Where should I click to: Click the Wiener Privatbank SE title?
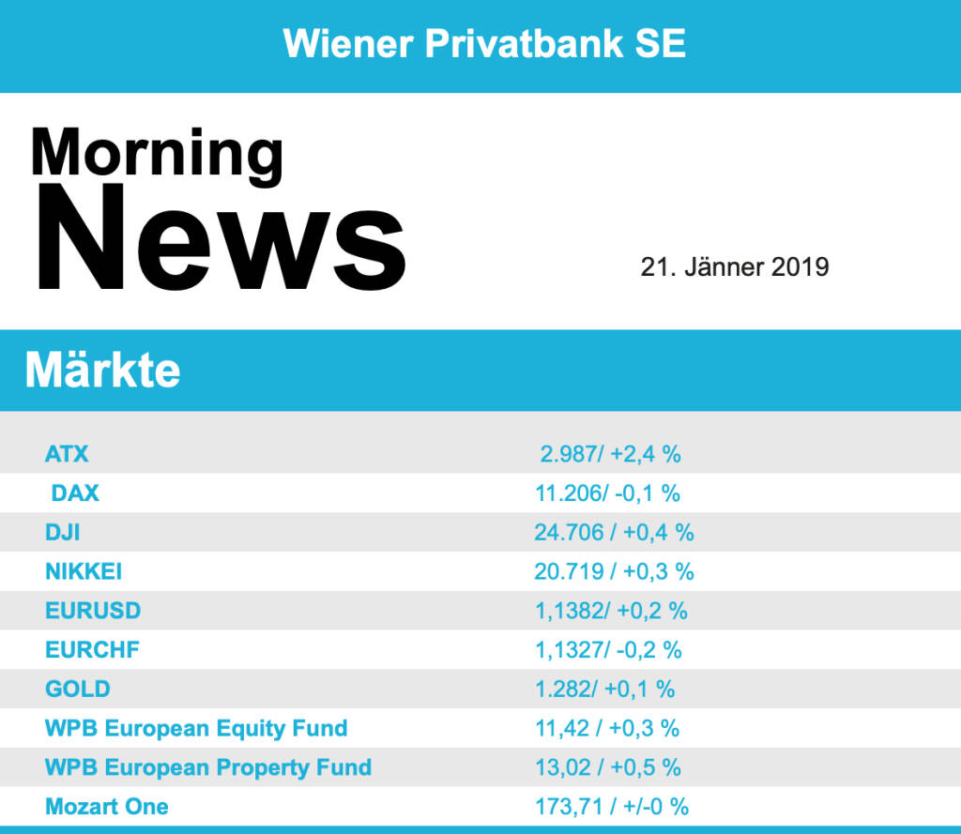484,43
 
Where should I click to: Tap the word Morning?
157,152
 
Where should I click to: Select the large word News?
221,238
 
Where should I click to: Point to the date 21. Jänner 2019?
735,266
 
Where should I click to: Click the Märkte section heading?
102,371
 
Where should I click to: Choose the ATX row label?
67,454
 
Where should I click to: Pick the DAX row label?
75,493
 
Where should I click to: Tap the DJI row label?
63,532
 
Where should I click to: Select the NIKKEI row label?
84,571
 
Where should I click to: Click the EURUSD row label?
93,611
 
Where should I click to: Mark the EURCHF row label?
92,649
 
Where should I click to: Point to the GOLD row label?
78,689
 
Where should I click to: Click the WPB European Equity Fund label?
196,728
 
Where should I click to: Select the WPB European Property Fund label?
208,767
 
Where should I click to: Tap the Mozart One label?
107,806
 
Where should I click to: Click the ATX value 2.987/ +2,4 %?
610,454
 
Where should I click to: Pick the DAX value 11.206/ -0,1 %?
607,493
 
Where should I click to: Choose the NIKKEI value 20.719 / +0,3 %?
614,571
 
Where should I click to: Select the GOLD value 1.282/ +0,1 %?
604,689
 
